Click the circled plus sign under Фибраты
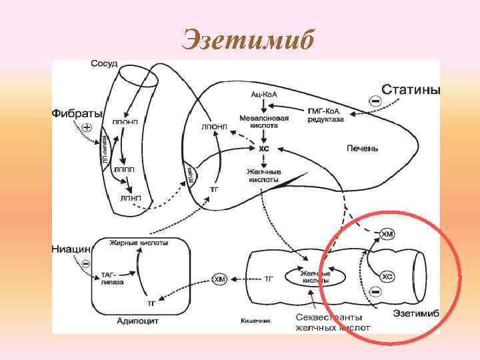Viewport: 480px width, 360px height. [86, 127]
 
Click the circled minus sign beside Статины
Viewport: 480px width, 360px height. [375, 101]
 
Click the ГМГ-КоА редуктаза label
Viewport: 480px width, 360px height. [326, 115]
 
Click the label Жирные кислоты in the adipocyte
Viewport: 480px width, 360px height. [139, 243]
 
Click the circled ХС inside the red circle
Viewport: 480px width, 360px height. [388, 275]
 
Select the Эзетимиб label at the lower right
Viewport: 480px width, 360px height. [415, 313]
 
